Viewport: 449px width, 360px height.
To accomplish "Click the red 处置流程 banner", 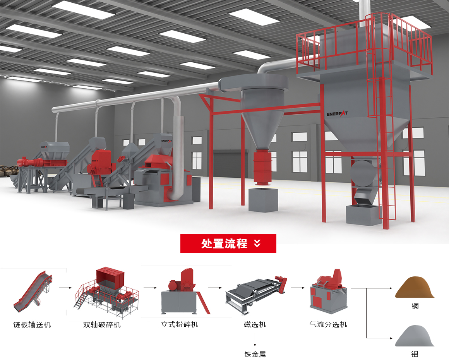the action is click(x=228, y=243).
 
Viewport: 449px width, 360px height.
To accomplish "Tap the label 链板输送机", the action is click(x=32, y=325).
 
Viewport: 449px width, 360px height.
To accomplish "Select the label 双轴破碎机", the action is click(x=102, y=325).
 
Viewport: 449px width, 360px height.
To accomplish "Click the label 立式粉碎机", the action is click(x=180, y=324).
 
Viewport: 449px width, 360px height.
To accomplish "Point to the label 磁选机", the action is click(x=255, y=324).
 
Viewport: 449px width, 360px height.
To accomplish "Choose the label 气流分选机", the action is click(x=328, y=324).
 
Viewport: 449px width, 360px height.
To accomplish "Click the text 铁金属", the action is click(x=255, y=354).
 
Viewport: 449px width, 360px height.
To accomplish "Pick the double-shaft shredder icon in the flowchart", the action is click(x=106, y=292).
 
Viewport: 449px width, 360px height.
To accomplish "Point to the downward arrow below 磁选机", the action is click(x=255, y=340).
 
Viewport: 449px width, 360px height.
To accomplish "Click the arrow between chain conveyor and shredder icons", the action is click(x=65, y=288).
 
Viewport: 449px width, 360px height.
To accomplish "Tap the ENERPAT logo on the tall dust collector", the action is click(x=337, y=114).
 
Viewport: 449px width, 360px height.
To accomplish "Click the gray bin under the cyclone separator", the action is click(x=263, y=200).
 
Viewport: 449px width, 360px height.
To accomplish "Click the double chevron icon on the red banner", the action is click(x=257, y=243).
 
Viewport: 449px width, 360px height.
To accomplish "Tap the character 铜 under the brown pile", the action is click(x=415, y=306).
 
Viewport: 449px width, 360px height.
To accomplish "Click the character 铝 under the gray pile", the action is click(x=415, y=354).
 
